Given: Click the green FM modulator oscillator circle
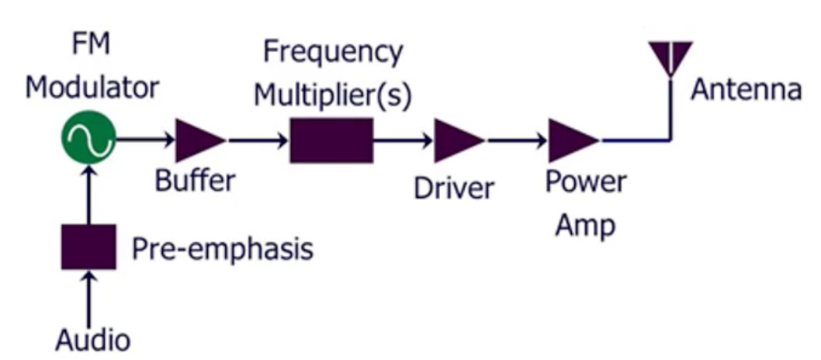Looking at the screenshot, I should click(x=88, y=140).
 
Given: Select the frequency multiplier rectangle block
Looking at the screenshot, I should click(x=331, y=140).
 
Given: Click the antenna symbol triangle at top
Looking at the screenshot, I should click(x=670, y=54).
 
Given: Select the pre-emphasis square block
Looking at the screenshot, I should click(x=88, y=247).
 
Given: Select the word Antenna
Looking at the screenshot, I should click(x=746, y=89).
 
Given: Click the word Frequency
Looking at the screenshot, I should click(x=333, y=54).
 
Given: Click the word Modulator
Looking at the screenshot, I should click(x=92, y=87).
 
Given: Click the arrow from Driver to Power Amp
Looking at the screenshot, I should click(x=516, y=140).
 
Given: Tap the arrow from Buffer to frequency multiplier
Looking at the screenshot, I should click(x=258, y=140).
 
